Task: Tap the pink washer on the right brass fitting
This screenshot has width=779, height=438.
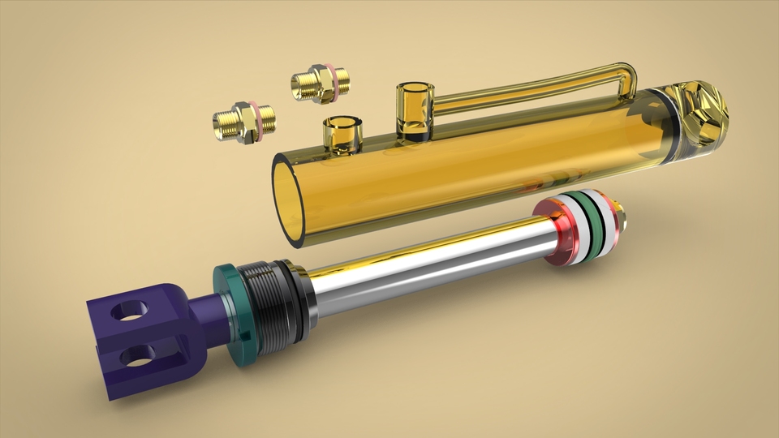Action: coord(331,81)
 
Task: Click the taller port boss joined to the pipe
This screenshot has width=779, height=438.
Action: coord(411,109)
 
